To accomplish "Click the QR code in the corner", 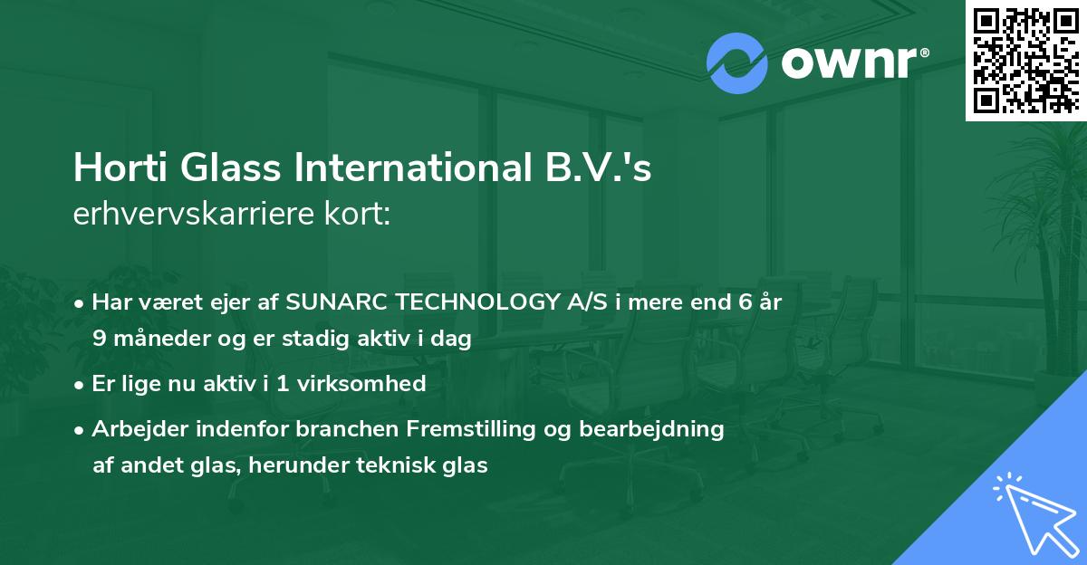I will tap(1025, 61).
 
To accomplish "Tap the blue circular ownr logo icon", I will tap(737, 63).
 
